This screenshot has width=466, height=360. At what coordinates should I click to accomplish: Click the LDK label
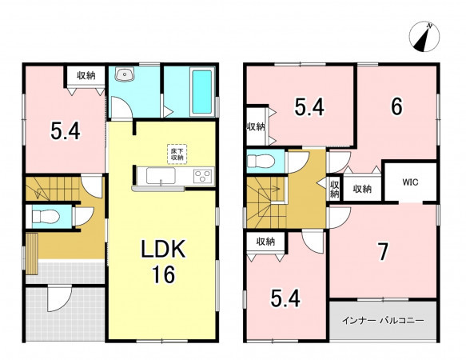click(x=163, y=249)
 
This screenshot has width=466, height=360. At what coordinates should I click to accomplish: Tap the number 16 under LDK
click(x=163, y=274)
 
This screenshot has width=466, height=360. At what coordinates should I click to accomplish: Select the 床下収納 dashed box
click(x=177, y=154)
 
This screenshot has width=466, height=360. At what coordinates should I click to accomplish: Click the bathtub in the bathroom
click(x=202, y=91)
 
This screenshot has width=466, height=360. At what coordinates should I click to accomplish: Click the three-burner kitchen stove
click(x=203, y=176)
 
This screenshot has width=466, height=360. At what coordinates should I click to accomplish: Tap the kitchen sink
click(x=161, y=176)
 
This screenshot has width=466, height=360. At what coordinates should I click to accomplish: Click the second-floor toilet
click(x=261, y=162)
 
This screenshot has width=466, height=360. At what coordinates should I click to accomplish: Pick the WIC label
click(x=410, y=182)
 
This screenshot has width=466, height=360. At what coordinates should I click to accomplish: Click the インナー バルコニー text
click(x=383, y=321)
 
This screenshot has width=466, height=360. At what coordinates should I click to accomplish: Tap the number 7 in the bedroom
click(x=383, y=252)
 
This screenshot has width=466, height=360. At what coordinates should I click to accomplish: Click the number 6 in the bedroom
click(x=396, y=106)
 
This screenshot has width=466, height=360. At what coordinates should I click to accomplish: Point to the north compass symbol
click(x=424, y=37)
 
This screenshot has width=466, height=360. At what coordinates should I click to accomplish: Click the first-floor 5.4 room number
click(x=66, y=131)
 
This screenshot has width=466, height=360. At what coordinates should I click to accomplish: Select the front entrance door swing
click(x=59, y=298)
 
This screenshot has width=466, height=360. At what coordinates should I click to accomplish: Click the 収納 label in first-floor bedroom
click(x=86, y=75)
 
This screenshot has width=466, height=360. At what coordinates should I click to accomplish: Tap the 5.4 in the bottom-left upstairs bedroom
click(x=285, y=298)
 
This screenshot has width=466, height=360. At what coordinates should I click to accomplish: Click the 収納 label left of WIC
click(x=362, y=189)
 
